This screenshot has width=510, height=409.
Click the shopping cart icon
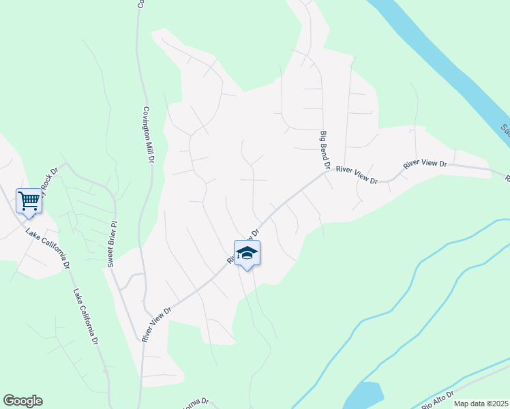point(29,200)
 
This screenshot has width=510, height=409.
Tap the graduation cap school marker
point(247,254)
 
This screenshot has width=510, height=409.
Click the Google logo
point(22,400)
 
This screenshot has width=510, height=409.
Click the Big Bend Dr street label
point(325,151)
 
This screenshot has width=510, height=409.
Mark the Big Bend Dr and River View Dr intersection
point(329,171)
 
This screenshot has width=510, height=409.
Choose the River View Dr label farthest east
point(425,164)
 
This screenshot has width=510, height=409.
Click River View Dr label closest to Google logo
point(157,323)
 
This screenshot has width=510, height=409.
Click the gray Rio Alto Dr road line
point(470,385)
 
